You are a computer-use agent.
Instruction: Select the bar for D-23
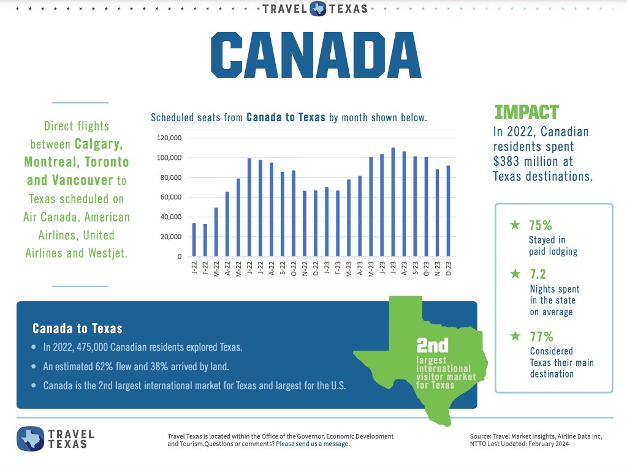(449, 211)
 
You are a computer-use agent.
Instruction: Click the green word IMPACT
(526, 112)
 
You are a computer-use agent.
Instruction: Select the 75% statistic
(541, 225)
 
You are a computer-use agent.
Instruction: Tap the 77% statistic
(541, 337)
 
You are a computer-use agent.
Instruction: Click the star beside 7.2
(515, 275)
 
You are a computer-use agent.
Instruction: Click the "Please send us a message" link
(313, 444)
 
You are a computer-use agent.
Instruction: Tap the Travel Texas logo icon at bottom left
(30, 438)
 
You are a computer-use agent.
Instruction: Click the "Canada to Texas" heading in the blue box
(77, 329)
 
